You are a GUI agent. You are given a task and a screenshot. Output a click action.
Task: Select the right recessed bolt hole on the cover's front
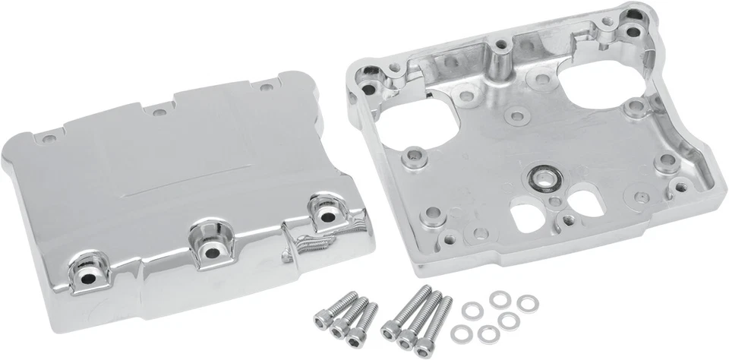pyautogui.click(x=328, y=216)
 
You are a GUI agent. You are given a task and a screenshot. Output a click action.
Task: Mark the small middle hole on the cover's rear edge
pyautogui.click(x=157, y=112)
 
